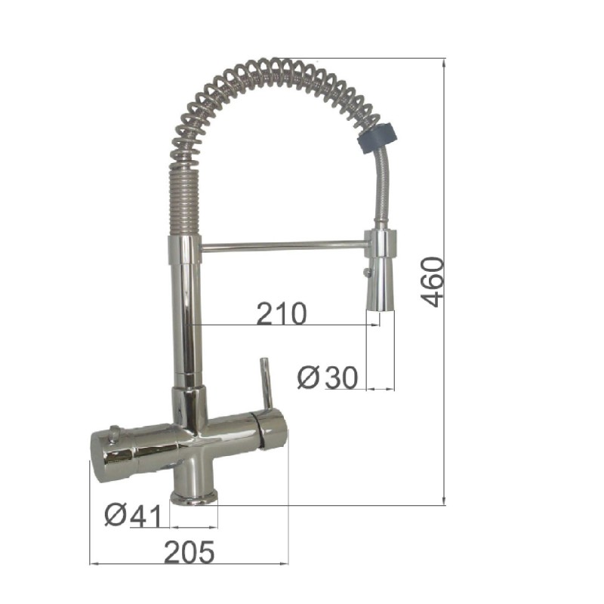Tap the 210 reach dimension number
281,313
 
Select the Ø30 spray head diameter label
327,377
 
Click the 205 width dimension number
189,553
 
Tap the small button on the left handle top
114,432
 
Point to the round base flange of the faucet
194,496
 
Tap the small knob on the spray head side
368,272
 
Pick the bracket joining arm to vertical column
184,248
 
